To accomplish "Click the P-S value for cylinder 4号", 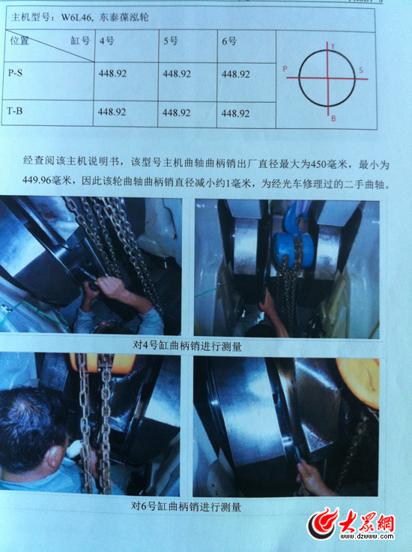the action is click(112, 73).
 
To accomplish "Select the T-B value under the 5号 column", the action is click(177, 112).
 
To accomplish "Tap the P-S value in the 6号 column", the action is click(235, 74).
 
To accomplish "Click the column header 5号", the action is click(171, 40).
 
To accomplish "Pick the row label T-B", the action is click(15, 111).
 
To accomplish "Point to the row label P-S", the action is click(15, 73).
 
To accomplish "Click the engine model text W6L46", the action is click(76, 17).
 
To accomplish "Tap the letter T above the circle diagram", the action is click(333, 46).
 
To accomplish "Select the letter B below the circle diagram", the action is click(333, 119).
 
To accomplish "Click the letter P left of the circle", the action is click(285, 69).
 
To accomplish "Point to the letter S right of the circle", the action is click(361, 70).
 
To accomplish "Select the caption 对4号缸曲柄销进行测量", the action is click(187, 346).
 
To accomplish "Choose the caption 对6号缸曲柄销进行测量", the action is click(186, 507).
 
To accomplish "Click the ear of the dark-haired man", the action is click(52, 460).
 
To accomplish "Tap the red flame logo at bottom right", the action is click(322, 523).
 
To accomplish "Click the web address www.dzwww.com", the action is click(366, 536).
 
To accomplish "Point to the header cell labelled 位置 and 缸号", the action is click(49, 46).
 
